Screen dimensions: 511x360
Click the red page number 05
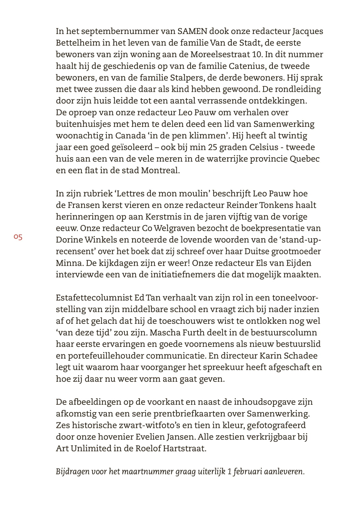pyautogui.click(x=18, y=237)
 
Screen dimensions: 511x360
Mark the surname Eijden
pyautogui.click(x=292, y=263)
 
